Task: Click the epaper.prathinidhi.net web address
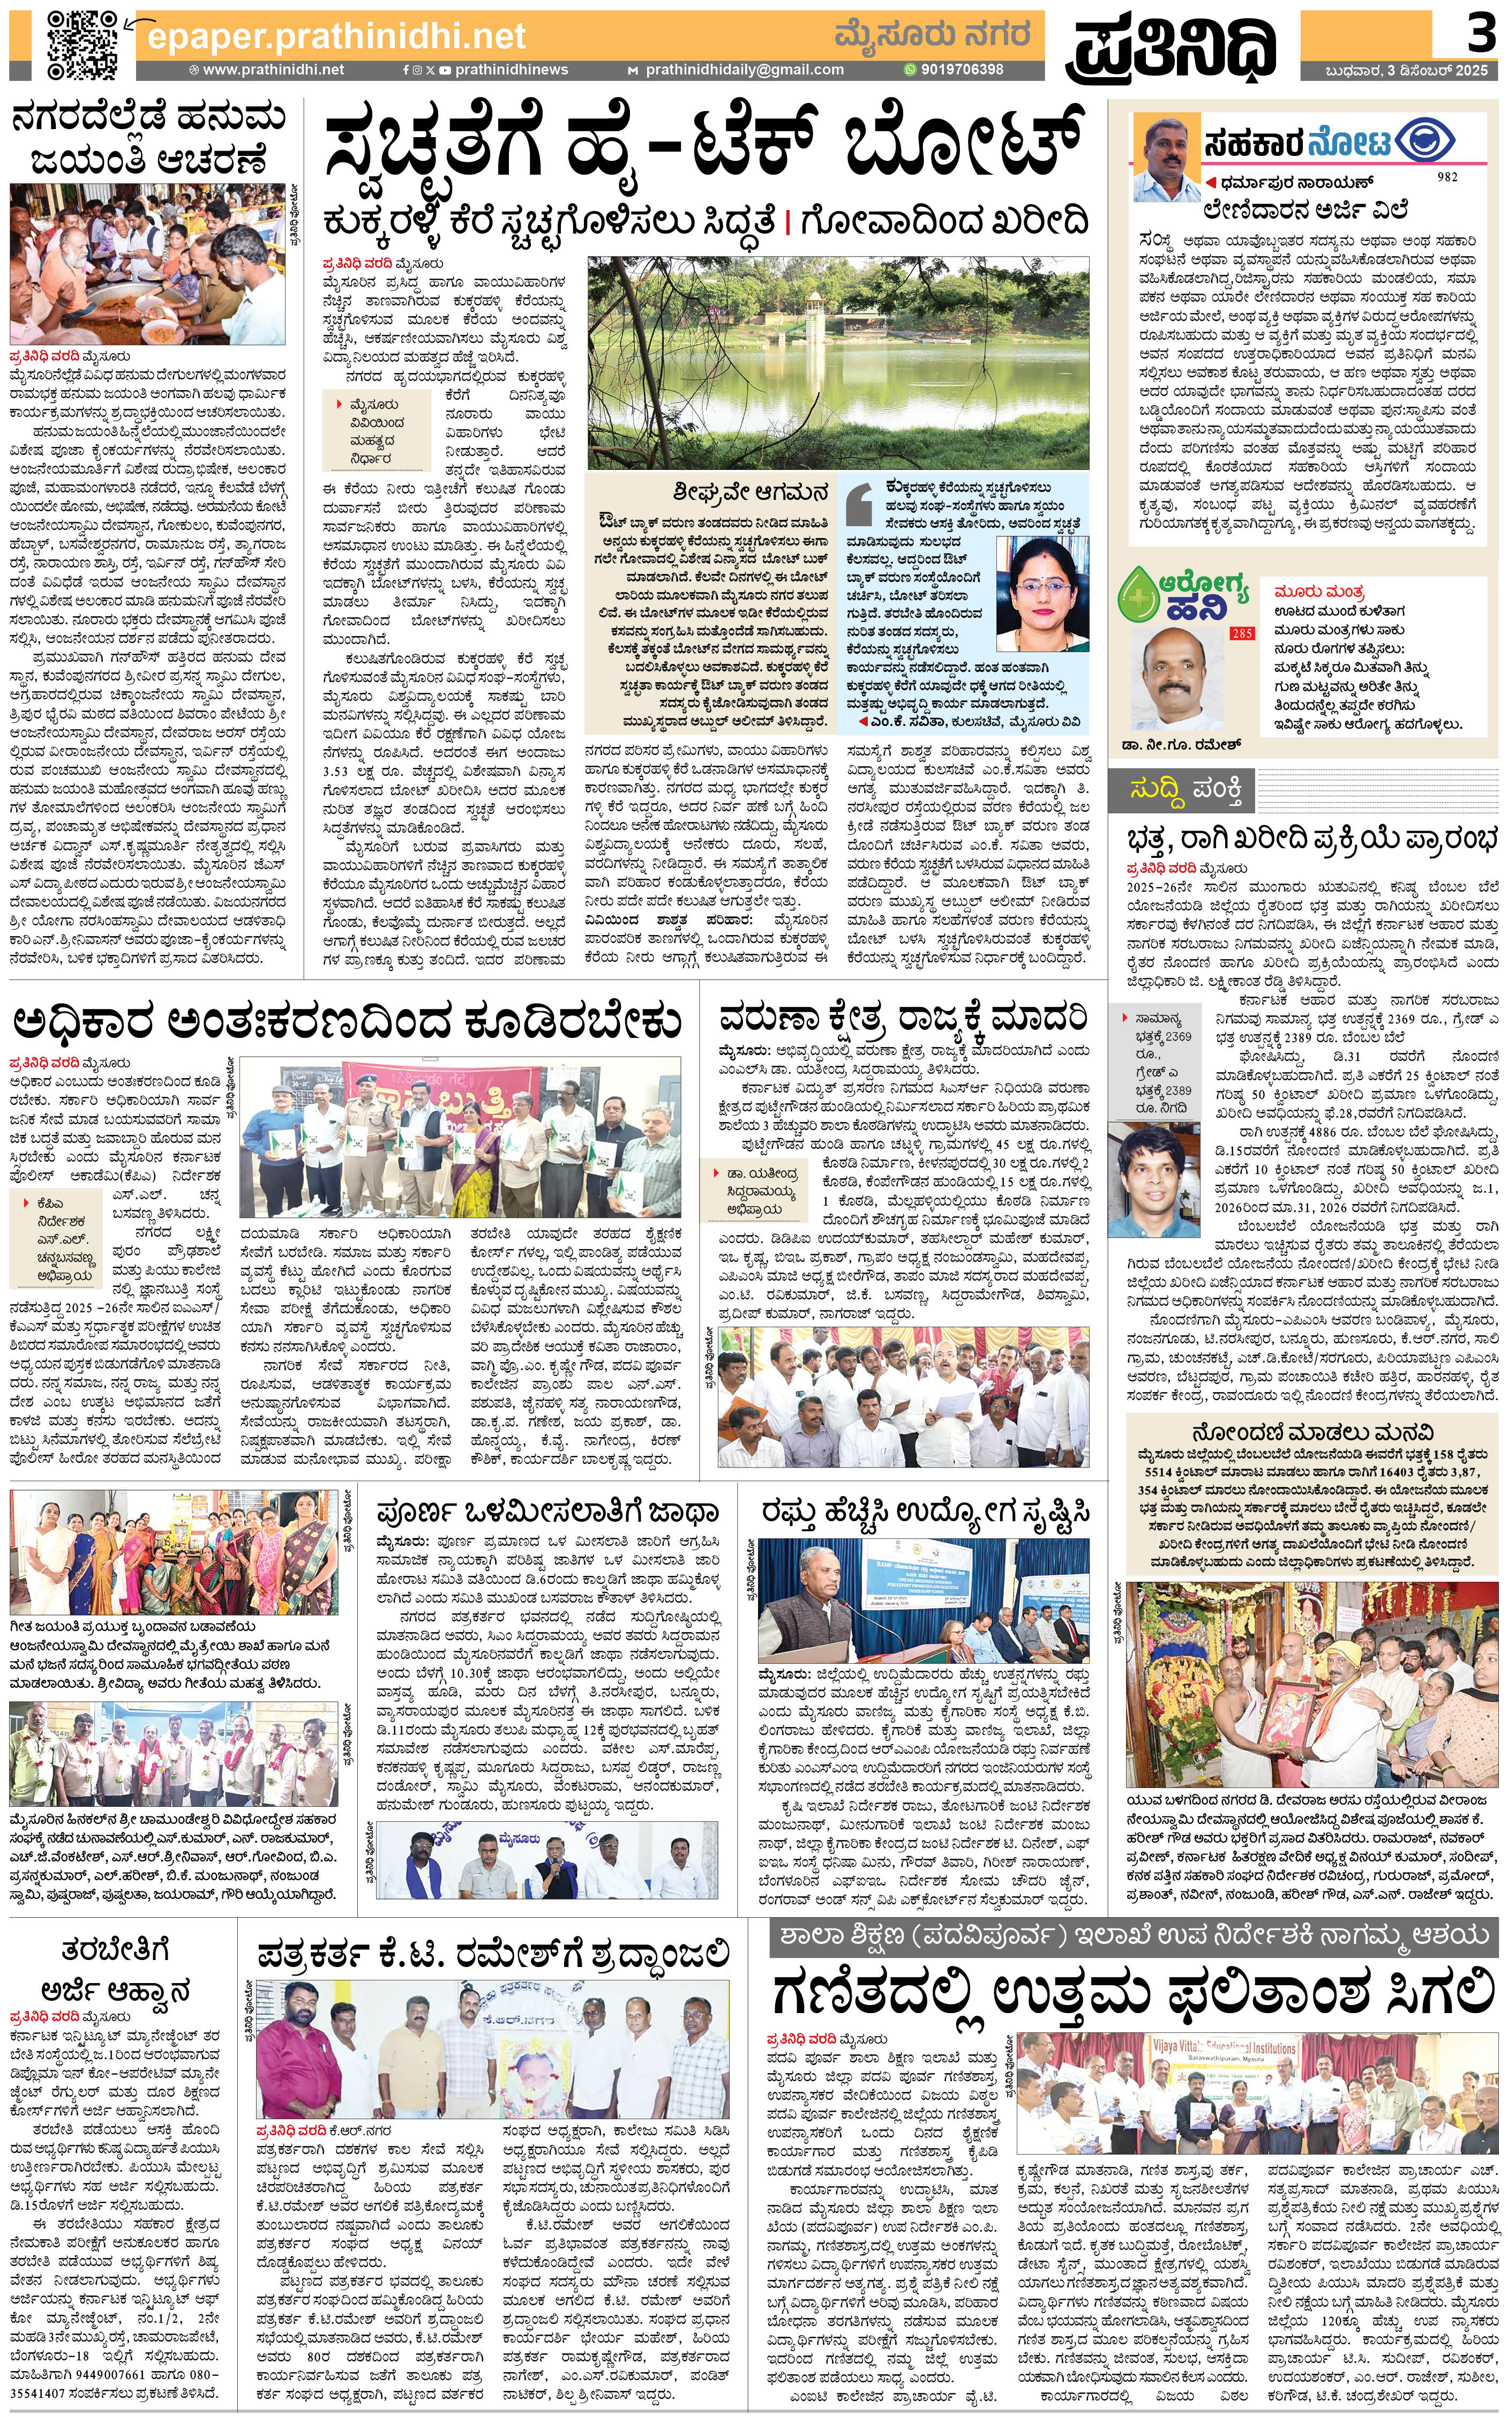[336, 37]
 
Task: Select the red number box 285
[1241, 632]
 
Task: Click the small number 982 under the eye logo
[1447, 177]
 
